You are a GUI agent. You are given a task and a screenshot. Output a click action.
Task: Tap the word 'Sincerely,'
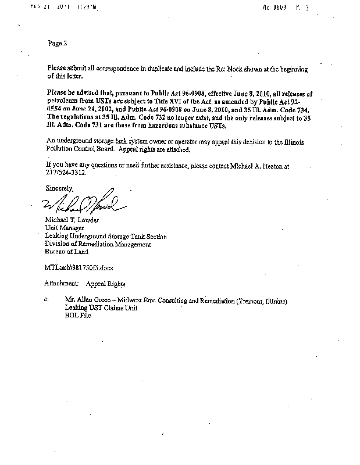59,188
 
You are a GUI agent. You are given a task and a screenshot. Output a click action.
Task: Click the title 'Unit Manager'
62,229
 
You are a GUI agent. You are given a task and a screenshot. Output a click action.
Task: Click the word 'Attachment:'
60,285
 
